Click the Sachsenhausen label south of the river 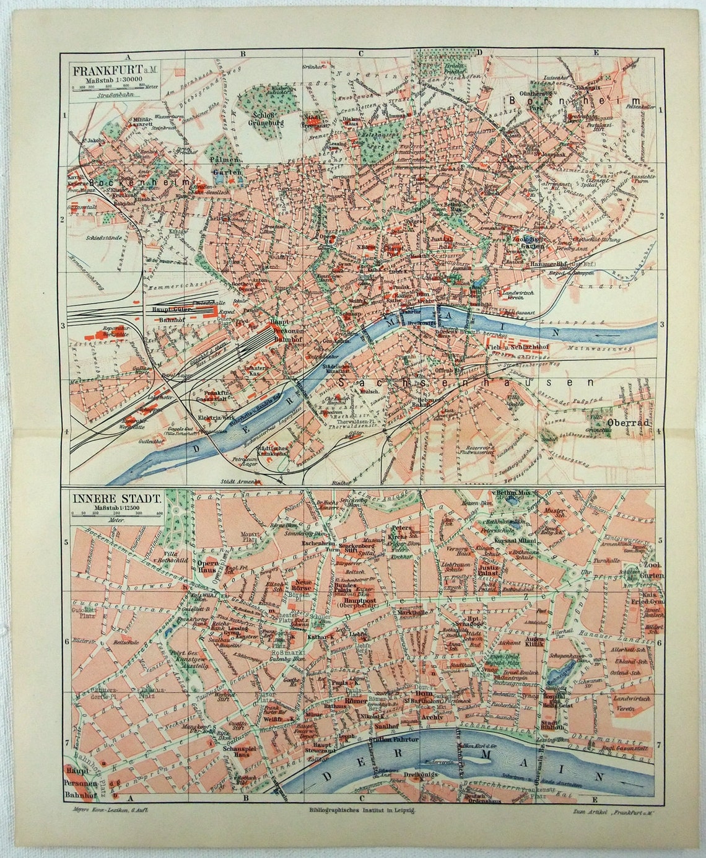point(464,383)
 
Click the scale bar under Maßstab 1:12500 point(116,514)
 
